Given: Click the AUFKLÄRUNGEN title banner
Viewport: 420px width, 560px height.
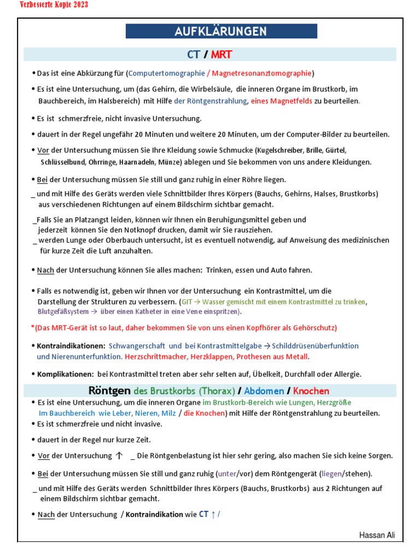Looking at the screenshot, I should point(221,32).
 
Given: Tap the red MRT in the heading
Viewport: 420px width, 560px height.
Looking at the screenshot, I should point(221,54).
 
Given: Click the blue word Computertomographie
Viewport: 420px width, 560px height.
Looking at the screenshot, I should point(165,73).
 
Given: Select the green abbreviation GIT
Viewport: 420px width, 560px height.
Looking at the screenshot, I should point(187,302).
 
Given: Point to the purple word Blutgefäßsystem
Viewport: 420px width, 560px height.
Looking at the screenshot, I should point(63,312).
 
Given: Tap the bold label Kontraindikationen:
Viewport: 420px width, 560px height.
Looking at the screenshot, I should point(71,346).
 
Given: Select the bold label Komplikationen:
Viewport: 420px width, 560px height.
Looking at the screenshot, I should point(66,374).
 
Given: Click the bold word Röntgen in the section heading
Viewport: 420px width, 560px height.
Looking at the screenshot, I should point(109,391).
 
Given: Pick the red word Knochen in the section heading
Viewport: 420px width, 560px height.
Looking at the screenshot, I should point(311,391).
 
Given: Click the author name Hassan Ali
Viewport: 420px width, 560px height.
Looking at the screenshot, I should point(377,535).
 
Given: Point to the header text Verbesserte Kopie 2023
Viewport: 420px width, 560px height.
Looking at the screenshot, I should point(54,5).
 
